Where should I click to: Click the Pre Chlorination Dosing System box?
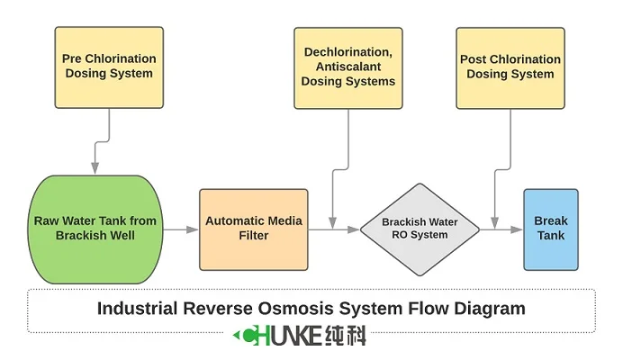point(109,67)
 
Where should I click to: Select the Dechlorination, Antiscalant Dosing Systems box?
point(348,67)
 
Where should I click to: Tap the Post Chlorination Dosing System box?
point(510,67)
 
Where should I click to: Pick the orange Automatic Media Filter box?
point(254,228)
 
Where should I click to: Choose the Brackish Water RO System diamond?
point(419,229)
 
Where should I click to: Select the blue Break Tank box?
point(550,229)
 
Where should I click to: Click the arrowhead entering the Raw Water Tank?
point(94,168)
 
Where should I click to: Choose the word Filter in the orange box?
point(253,236)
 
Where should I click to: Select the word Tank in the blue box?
point(550,236)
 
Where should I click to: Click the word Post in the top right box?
point(474,59)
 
